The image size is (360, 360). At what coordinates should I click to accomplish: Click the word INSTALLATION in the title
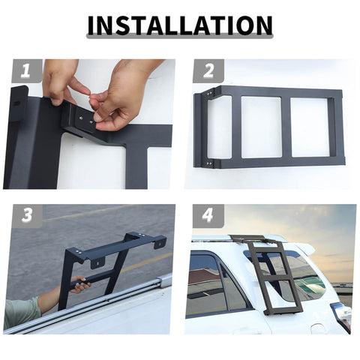point(180,25)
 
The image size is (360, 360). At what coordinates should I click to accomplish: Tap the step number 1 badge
point(25,71)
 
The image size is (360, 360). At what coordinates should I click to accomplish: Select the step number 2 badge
point(208,71)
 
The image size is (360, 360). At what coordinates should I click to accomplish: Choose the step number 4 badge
point(208,216)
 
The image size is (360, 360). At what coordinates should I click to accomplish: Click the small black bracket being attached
point(79,120)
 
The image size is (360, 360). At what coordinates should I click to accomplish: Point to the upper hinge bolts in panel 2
point(208,95)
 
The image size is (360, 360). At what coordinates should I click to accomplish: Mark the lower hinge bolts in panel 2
point(208,162)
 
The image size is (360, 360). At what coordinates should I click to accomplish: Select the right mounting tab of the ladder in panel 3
point(159,241)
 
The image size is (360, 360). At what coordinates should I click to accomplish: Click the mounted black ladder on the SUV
point(274,274)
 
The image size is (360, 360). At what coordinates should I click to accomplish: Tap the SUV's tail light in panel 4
point(342,315)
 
